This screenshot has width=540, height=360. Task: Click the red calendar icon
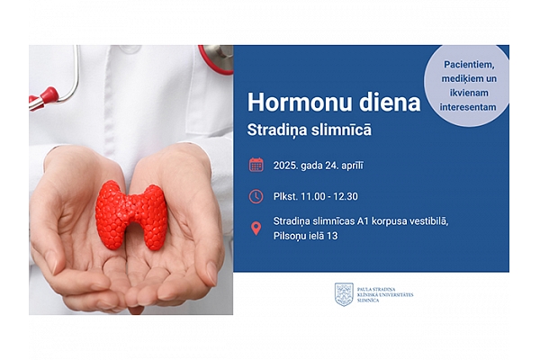(256, 165)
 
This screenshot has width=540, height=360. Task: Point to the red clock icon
(256, 196)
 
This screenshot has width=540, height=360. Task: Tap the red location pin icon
(256, 229)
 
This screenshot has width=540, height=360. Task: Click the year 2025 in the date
(286, 166)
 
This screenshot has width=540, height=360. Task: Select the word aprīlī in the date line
(352, 166)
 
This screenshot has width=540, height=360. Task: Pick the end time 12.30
(346, 196)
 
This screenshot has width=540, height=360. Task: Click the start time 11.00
(312, 196)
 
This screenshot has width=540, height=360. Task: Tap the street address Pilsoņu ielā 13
(305, 236)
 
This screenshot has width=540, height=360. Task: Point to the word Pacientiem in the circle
(469, 65)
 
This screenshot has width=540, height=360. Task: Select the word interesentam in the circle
(468, 107)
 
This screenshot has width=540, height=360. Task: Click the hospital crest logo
(344, 294)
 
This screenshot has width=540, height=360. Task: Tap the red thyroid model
(130, 215)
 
